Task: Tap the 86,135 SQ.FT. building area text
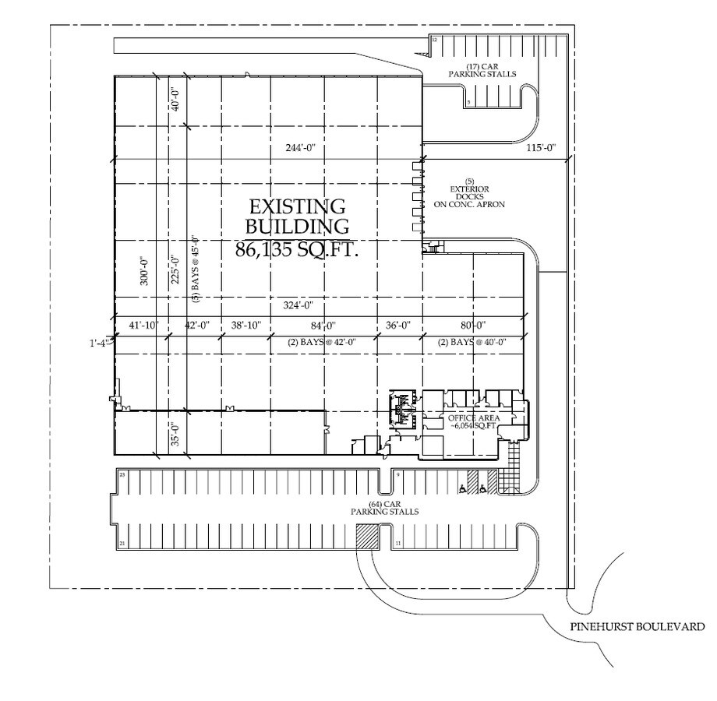tap(295, 250)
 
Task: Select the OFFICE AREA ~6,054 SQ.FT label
tap(472, 422)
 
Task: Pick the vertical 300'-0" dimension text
tap(143, 271)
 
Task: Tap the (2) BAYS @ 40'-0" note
tap(472, 342)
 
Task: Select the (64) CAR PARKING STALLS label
tap(384, 508)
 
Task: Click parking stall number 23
tap(122, 474)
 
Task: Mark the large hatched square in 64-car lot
tap(367, 537)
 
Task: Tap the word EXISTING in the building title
tap(297, 207)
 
